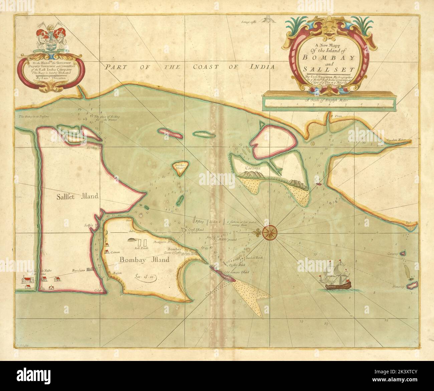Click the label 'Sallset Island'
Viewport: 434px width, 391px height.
(77, 196)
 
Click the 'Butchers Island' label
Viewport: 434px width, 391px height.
(179, 167)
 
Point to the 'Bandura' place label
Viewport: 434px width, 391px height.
(79, 270)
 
